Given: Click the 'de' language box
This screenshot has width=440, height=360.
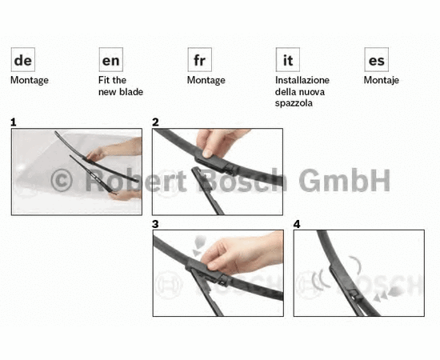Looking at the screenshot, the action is pos(23,59).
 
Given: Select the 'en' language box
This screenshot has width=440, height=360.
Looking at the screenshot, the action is pos(111,59).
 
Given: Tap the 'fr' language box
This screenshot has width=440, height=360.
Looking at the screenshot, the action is pos(199,59).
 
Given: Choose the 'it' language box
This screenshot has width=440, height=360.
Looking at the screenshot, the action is pos(288,59).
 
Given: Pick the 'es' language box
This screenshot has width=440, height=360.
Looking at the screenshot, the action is pos(376,59).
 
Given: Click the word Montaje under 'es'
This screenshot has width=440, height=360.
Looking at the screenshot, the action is pos(381,81).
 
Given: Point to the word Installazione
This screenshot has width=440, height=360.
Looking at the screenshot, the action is pos(302,80).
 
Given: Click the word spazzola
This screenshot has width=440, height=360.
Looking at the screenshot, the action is pos(294,103).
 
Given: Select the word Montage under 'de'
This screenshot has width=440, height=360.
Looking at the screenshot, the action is pos(30,81).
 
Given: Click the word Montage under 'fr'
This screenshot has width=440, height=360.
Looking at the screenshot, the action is pos(206,81).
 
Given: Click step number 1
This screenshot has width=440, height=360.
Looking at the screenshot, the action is pos(13,122).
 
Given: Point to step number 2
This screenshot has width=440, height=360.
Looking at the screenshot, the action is pos(155,122).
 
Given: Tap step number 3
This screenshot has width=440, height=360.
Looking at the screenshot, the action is pos(155,224).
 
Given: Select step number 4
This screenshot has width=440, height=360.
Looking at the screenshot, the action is pos(297,224).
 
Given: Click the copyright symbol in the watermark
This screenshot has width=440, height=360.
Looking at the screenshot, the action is pos(62,181).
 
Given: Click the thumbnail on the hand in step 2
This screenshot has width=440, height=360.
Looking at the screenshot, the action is pos(207,154).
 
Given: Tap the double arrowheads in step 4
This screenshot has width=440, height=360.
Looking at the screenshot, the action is pos(381,296).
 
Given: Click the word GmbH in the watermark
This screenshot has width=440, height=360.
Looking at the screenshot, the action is pos(344,181).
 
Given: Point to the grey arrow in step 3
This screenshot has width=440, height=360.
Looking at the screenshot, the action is pos(199,245).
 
